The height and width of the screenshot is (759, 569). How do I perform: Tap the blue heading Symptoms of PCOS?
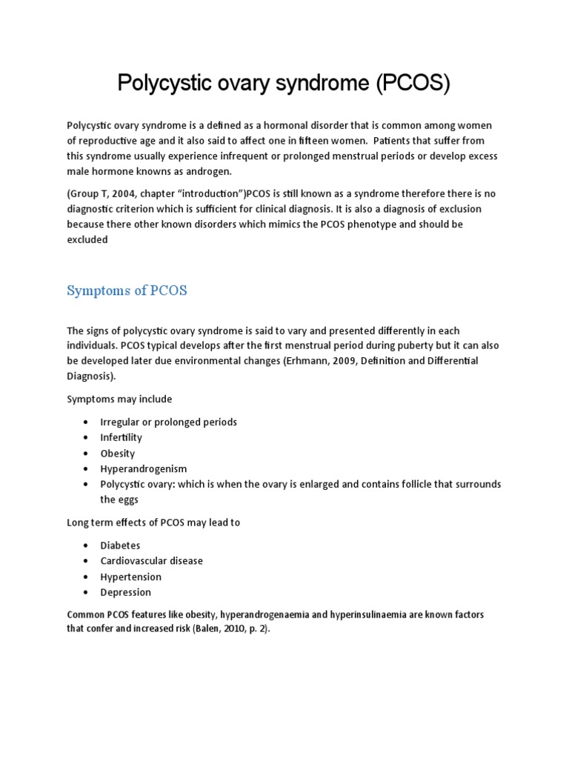(127, 291)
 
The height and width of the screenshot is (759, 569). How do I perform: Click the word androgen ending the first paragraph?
(210, 172)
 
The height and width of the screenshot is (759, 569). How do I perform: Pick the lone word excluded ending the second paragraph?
(87, 239)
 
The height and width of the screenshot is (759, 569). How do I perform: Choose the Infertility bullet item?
(121, 437)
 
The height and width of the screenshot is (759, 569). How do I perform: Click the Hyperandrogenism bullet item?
(144, 468)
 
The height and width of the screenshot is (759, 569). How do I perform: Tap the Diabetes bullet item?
(120, 546)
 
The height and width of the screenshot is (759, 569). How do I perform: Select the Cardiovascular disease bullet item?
(151, 561)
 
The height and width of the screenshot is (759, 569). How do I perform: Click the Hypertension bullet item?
(130, 577)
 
